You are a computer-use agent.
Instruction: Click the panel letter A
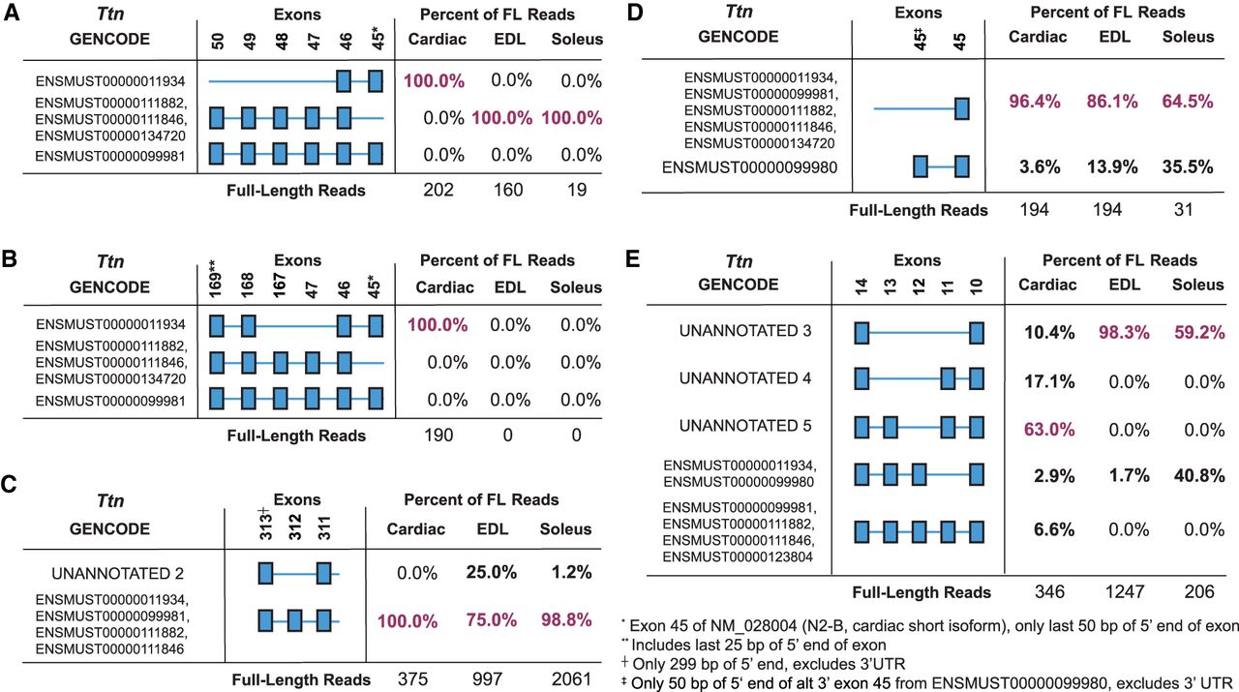[11, 15]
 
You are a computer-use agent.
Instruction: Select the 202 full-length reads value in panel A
[438, 190]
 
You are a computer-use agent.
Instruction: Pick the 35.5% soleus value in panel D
[1188, 166]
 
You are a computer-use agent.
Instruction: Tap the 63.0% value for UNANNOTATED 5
[1048, 426]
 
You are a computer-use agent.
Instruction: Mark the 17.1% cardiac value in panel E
[1048, 381]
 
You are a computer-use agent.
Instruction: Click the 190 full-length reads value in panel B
[438, 435]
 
